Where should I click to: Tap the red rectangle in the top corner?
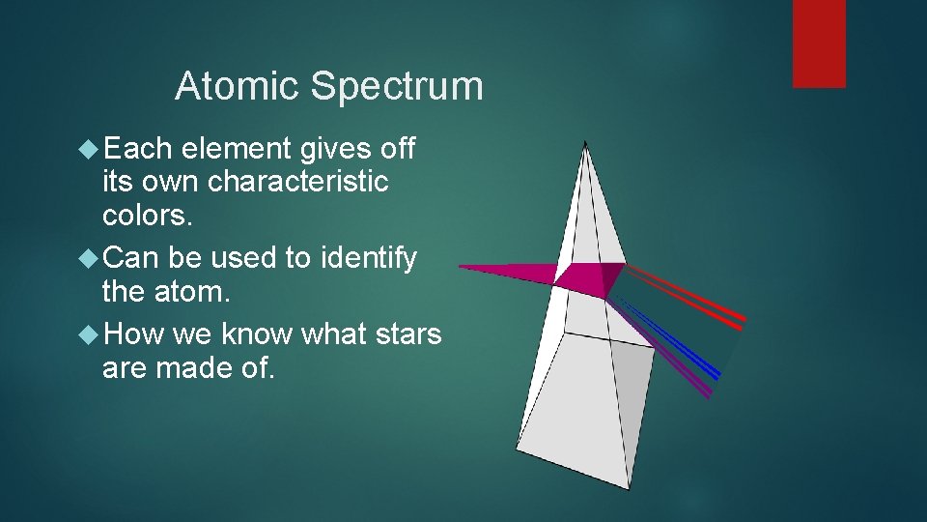pyautogui.click(x=819, y=43)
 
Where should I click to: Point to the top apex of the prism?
pyautogui.click(x=585, y=144)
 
